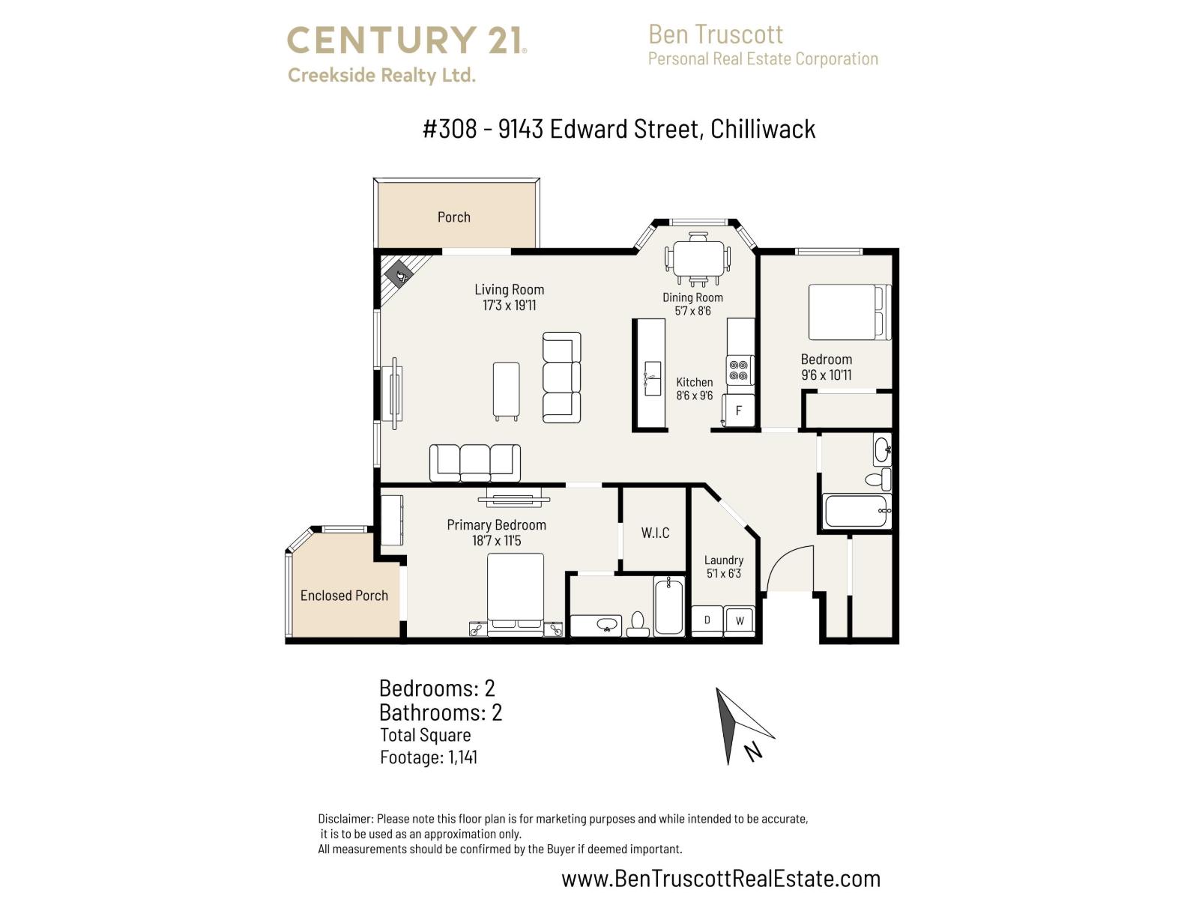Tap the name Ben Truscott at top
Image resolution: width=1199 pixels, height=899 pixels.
point(715,34)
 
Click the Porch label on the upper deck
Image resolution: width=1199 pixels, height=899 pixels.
point(453,217)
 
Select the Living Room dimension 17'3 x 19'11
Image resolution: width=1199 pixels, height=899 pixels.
point(509,306)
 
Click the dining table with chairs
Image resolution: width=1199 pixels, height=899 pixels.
point(698,259)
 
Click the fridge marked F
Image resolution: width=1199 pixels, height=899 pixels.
point(738,411)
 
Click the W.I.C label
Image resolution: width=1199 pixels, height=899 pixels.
point(655,533)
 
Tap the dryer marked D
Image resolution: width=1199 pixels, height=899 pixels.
point(707,620)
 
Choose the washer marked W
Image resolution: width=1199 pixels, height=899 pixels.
point(740,620)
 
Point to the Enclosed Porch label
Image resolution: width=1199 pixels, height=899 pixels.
point(344,596)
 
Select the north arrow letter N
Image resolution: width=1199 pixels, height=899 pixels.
point(754,751)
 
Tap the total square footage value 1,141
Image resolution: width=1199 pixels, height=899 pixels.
point(462,757)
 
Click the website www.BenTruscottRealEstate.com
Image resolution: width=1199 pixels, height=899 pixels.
point(720,878)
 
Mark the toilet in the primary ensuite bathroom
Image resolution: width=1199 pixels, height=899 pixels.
point(638,623)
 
